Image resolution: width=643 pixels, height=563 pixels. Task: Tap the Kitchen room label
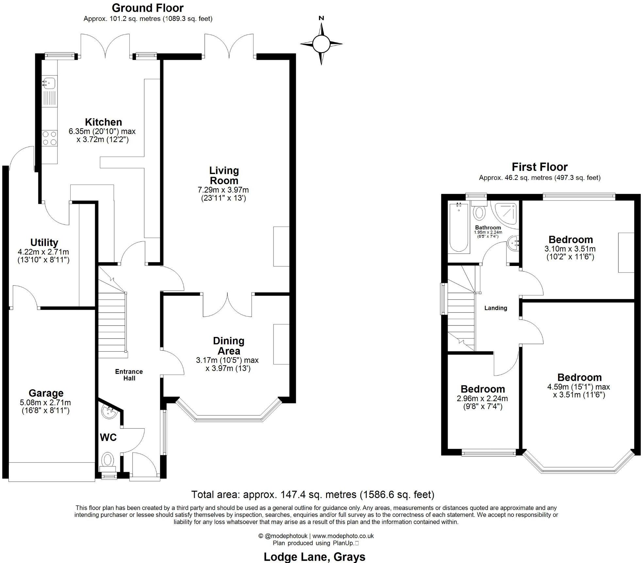(103, 122)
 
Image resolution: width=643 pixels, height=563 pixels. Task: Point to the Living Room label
(224, 175)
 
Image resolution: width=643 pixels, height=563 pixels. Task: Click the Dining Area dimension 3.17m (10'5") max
(227, 360)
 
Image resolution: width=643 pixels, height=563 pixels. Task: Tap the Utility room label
(44, 242)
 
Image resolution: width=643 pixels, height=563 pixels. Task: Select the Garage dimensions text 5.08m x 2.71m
(45, 403)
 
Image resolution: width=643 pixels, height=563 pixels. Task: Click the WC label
(108, 437)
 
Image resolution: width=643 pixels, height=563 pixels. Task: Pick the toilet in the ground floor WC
(107, 460)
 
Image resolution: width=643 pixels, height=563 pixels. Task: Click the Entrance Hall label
(129, 375)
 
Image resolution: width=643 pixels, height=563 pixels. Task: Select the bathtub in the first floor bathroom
(459, 228)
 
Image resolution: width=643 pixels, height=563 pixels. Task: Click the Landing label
(496, 308)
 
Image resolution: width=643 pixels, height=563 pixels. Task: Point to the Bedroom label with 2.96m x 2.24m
(483, 389)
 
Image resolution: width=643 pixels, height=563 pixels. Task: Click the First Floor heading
(539, 167)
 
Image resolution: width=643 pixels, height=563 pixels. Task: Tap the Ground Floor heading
(148, 8)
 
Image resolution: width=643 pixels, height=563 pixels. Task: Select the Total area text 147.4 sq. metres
(313, 494)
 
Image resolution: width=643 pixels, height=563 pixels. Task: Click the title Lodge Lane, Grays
(314, 556)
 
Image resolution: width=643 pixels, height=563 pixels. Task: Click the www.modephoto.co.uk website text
(343, 536)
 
